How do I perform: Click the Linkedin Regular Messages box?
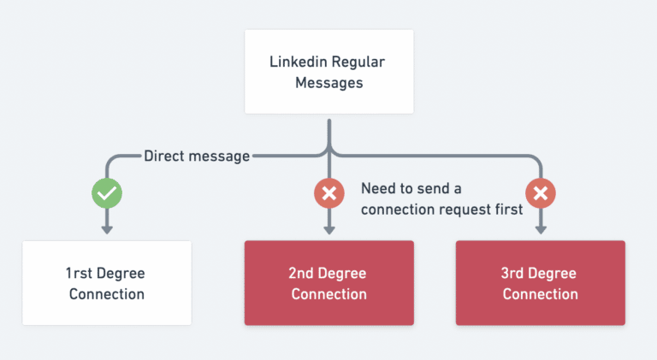tap(328, 73)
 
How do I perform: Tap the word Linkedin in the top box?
tap(297, 62)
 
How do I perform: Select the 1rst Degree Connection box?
tap(106, 283)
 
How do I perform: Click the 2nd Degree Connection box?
tap(328, 283)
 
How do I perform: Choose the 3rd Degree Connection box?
tap(540, 283)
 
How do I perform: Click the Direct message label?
tap(197, 156)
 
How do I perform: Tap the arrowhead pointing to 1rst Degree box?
tap(107, 228)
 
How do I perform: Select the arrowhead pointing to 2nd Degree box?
tap(328, 228)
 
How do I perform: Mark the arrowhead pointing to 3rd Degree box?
tap(540, 228)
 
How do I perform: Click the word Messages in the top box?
tap(328, 83)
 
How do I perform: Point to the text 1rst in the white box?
tap(81, 274)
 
